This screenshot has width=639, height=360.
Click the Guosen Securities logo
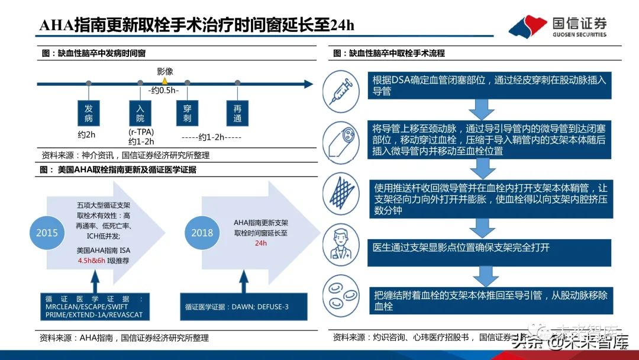coord(557,27)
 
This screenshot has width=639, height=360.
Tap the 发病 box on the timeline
coord(89,113)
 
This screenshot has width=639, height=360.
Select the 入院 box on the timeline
coord(140,113)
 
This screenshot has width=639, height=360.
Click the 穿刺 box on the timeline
coord(187,113)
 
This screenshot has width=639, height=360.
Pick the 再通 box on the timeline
coord(238,113)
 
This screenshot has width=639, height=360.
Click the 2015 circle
coord(47,232)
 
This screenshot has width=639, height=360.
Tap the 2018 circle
coord(202,233)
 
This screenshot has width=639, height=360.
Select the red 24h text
coord(261,243)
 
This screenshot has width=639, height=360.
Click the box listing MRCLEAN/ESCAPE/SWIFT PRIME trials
coord(93,306)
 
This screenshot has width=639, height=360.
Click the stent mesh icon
coord(342,194)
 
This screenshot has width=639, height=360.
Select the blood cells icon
coord(342,294)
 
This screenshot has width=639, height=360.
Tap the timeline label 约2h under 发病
coord(86,134)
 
